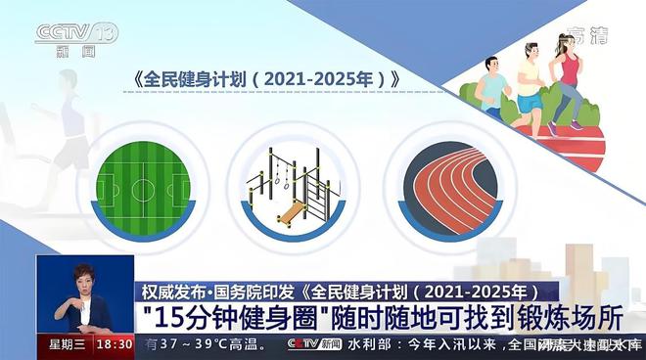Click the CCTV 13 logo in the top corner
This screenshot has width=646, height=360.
[x=75, y=36]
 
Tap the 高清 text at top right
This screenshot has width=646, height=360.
[x=588, y=35]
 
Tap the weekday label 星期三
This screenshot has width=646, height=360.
[x=68, y=345]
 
